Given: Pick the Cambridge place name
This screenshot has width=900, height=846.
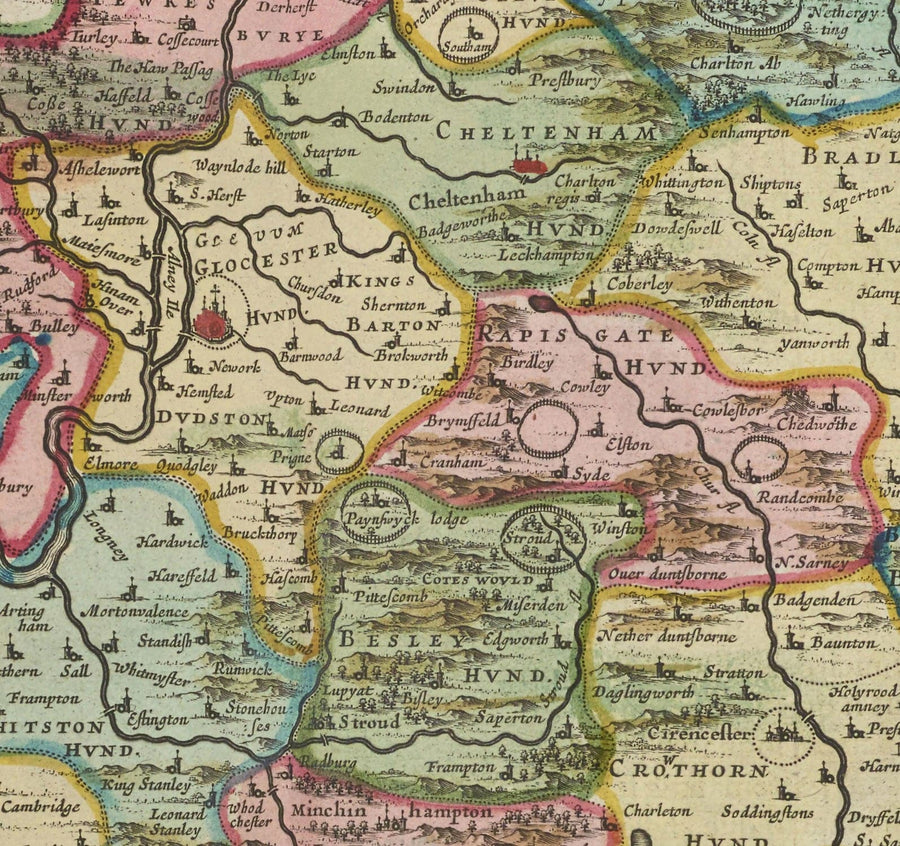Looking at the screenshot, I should click(40, 807).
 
